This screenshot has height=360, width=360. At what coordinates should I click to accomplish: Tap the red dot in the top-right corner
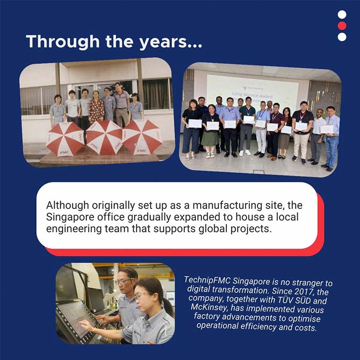(342, 26)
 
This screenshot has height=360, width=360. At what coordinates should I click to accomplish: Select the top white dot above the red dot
(342, 14)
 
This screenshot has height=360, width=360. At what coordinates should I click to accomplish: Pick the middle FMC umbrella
(104, 137)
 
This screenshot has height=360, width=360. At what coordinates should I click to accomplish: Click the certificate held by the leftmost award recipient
(195, 123)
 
